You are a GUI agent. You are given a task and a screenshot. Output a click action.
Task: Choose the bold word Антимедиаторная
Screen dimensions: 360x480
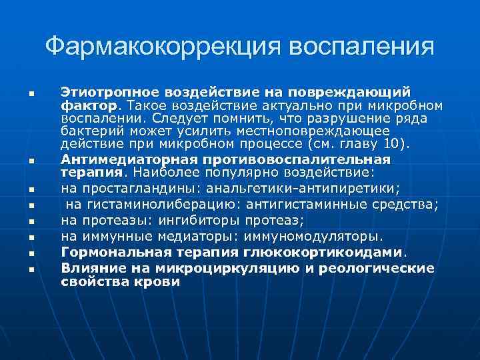[x=117, y=160]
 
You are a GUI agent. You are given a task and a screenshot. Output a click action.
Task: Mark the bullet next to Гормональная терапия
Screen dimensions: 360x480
[x=31, y=253]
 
